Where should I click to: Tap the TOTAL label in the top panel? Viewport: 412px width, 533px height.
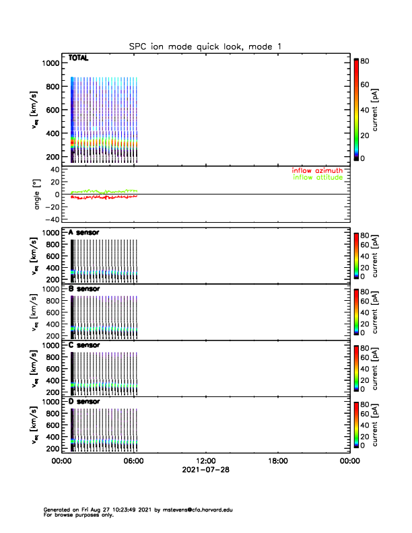click(79, 59)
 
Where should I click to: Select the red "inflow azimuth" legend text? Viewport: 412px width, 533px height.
click(316, 170)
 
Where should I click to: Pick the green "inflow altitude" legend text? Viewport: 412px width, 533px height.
click(317, 178)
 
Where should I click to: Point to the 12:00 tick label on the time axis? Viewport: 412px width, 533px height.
click(205, 462)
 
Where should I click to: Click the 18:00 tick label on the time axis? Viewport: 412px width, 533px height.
click(277, 462)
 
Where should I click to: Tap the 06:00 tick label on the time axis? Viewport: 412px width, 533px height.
click(133, 462)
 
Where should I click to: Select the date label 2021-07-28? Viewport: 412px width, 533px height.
click(205, 470)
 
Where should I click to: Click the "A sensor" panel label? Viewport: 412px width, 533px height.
click(84, 232)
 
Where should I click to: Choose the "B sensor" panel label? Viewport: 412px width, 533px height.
click(84, 289)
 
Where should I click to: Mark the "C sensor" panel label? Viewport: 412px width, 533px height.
click(84, 345)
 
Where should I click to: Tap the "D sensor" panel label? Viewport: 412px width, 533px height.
click(84, 402)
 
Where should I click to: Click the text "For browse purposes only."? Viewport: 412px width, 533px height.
click(77, 515)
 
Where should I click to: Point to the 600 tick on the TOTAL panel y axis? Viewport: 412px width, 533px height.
click(52, 110)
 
